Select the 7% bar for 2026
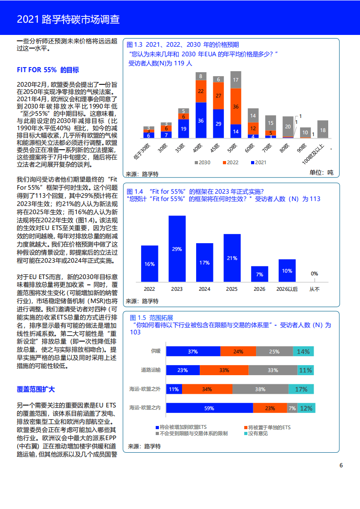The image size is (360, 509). tap(260, 274)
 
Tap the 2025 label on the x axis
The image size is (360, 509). tap(232, 289)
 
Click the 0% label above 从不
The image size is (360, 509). tap(314, 274)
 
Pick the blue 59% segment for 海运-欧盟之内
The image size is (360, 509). tap(209, 408)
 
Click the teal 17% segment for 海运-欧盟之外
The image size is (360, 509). tap(301, 389)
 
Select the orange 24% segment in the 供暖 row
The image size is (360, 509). tap(238, 351)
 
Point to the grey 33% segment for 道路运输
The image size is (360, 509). tap(272, 370)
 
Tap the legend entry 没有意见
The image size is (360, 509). tap(257, 433)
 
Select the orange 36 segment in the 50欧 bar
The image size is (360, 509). tap(236, 106)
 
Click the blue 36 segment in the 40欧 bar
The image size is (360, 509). tap(201, 120)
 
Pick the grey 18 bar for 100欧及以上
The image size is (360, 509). tap(323, 130)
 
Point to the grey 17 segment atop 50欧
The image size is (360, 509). tap(236, 80)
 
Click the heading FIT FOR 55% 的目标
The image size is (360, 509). tap(48, 70)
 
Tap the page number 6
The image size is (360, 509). tap(341, 465)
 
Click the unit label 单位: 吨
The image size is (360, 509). tap(321, 172)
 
